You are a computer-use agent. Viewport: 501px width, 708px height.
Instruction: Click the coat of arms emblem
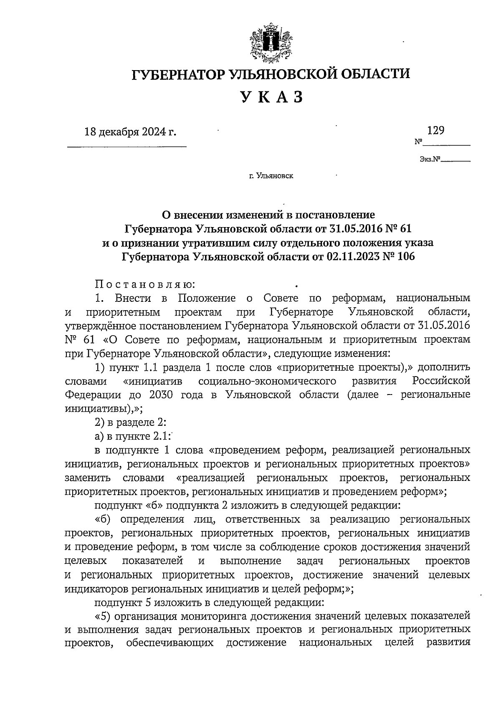click(271, 43)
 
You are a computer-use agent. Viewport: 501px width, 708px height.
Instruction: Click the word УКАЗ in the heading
click(271, 97)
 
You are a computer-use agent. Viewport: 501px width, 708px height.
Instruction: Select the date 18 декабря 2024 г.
click(130, 132)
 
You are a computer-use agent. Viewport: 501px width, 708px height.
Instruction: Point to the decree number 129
click(435, 130)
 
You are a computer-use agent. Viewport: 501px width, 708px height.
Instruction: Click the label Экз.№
click(430, 159)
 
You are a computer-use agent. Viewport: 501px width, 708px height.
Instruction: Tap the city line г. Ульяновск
click(271, 176)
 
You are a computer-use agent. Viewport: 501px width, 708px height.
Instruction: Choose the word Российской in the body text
click(441, 381)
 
